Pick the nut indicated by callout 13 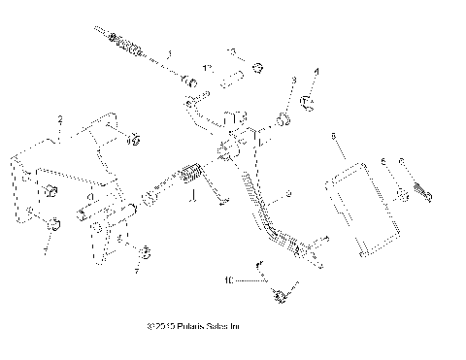pyautogui.click(x=258, y=68)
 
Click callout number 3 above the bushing pyautogui.click(x=293, y=79)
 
